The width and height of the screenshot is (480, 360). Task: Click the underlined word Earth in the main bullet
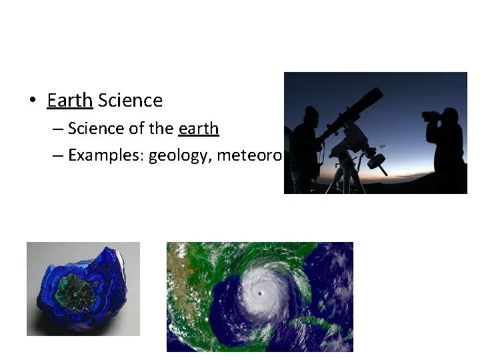pyautogui.click(x=69, y=101)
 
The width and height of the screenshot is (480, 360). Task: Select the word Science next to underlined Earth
pyautogui.click(x=130, y=101)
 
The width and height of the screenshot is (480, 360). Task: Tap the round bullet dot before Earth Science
pyautogui.click(x=32, y=101)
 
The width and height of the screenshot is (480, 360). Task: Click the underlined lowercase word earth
pyautogui.click(x=199, y=128)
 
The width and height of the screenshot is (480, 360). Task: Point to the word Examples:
pyautogui.click(x=106, y=155)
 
